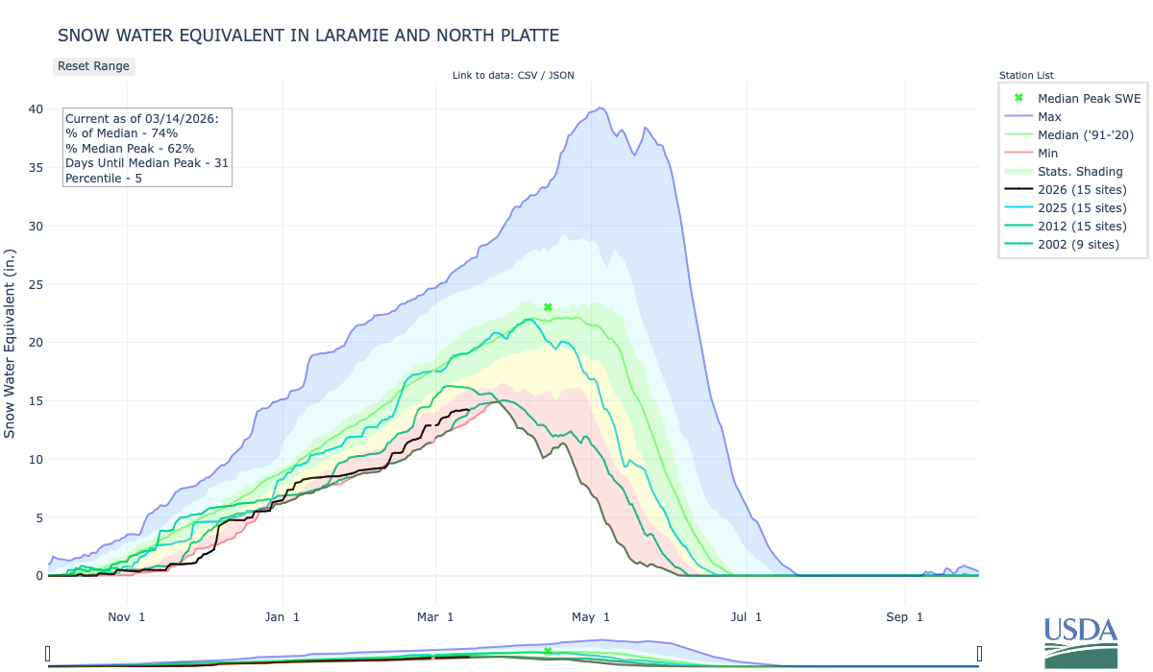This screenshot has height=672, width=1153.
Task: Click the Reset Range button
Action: [x=93, y=66]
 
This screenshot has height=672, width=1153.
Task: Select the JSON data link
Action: [x=560, y=75]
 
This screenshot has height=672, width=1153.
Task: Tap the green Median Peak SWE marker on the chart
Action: [x=548, y=307]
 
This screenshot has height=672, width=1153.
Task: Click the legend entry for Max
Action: [x=1049, y=116]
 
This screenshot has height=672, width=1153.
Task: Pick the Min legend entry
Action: [x=1048, y=153]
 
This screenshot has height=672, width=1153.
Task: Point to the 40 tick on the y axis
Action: [x=36, y=109]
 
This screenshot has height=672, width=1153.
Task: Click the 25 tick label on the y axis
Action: [x=36, y=284]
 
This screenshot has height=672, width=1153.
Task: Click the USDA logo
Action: [x=1081, y=641]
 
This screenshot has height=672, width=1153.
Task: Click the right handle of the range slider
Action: [x=979, y=654]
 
